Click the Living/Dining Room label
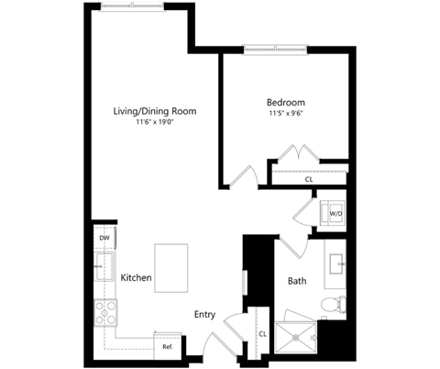pos(155,111)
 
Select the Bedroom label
pos(286,102)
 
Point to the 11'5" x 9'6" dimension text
pos(286,114)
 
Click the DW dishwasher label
pos(104,238)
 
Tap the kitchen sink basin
pos(104,266)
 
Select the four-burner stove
pos(105,313)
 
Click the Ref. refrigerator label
pos(168,347)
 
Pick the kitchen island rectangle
pos(171,268)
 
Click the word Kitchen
pos(136,278)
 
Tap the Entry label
pos(204,315)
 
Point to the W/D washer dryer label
pos(335,214)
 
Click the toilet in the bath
pos(334,304)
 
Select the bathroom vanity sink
pos(336,263)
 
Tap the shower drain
pos(296,338)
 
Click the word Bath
pos(297,281)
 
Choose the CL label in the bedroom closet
pos(309,179)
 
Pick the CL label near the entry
pos(263,334)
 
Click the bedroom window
pos(275,49)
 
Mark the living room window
pos(132,6)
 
